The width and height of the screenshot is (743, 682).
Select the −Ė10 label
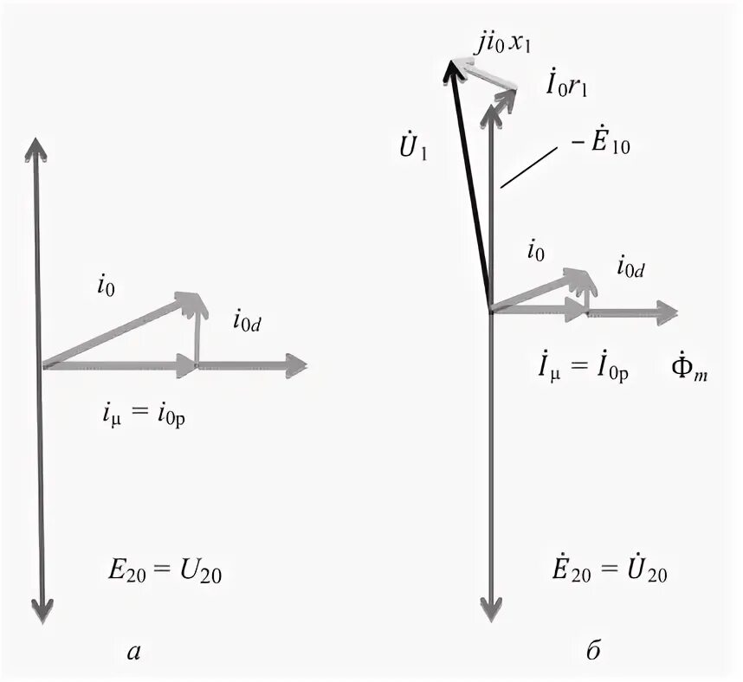tap(597, 144)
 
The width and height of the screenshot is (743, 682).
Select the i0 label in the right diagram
tap(537, 252)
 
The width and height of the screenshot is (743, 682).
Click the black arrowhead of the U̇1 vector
tap(451, 68)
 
